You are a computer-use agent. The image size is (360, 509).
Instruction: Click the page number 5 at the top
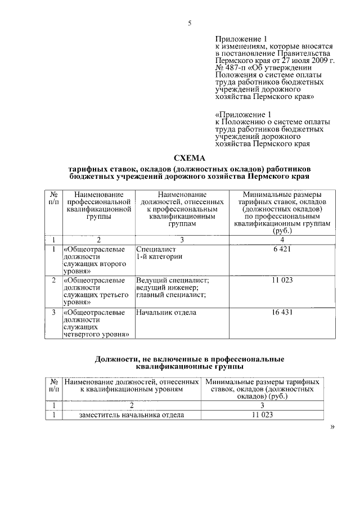[x=190, y=23]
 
